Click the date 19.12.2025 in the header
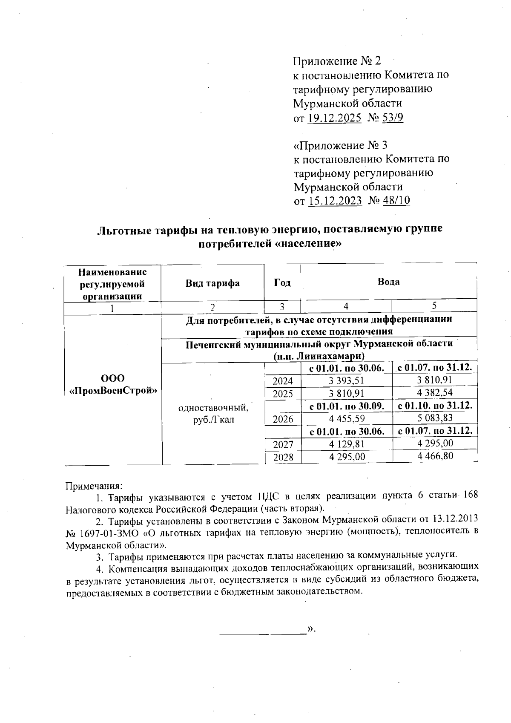point(335,118)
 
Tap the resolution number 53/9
point(393,118)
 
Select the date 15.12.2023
point(335,201)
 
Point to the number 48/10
point(396,201)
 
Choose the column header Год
point(282,283)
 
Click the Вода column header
point(388,282)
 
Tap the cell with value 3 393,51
point(346,380)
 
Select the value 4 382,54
point(435,392)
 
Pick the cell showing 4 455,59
point(346,418)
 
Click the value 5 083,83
point(435,418)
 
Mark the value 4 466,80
point(435,456)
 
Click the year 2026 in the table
point(283,419)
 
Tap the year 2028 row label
point(283,457)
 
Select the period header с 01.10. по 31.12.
point(435,405)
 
